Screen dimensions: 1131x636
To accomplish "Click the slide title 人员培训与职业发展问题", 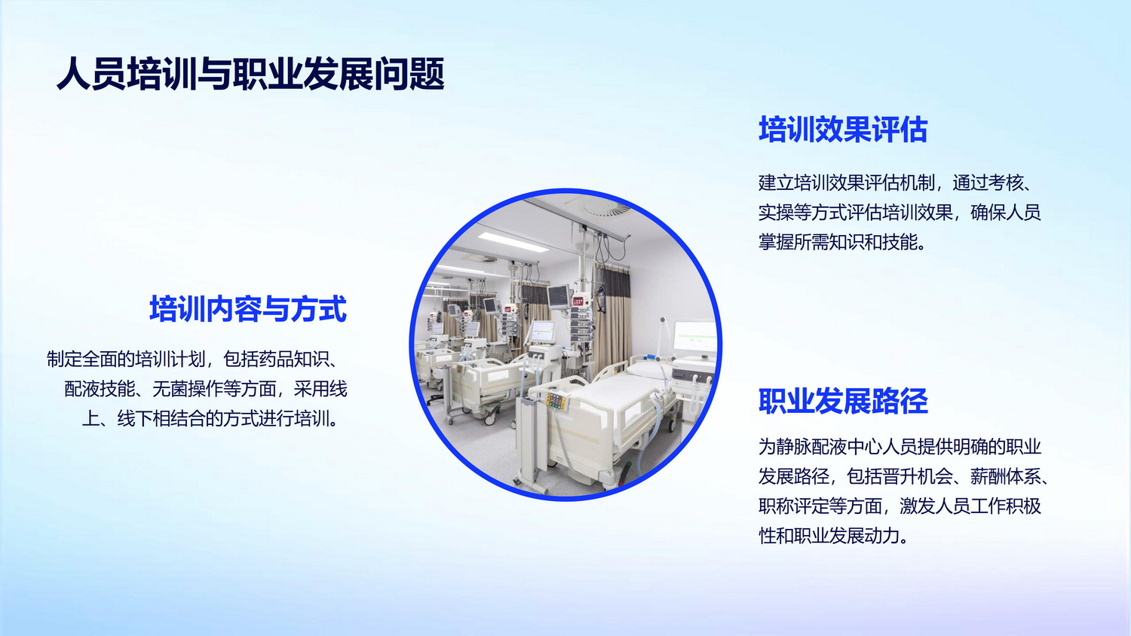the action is click(250, 74).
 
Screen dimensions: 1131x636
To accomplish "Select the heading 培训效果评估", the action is click(843, 130).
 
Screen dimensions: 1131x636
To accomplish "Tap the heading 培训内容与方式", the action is click(248, 309).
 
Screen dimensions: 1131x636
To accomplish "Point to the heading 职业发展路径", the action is click(843, 402).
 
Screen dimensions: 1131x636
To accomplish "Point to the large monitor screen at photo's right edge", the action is click(694, 337).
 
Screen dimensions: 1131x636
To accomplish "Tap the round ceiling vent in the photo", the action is click(606, 206).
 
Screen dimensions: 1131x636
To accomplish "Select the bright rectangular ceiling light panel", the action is click(513, 243).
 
